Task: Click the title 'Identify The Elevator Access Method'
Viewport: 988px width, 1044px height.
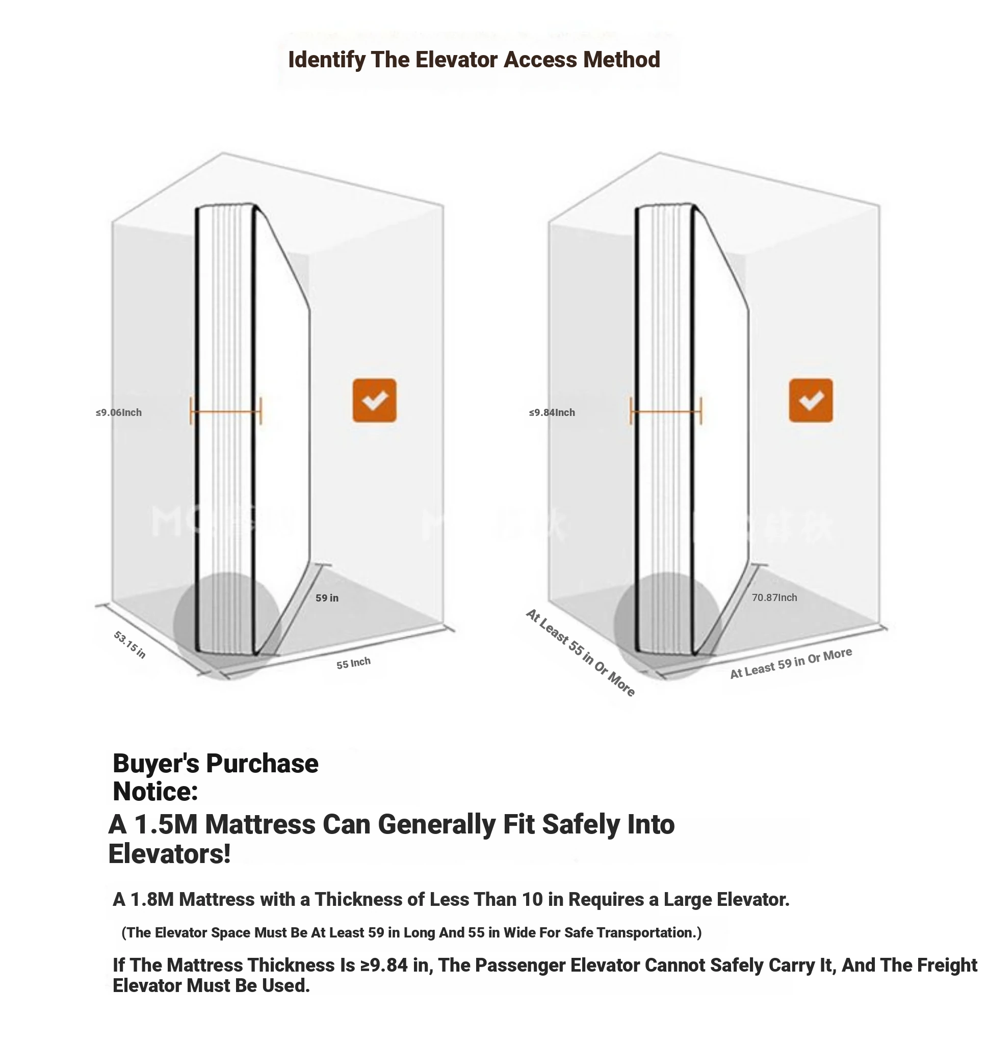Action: coord(474,60)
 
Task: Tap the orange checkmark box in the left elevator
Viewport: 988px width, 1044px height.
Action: coord(374,400)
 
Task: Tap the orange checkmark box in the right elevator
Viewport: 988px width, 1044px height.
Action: coord(811,400)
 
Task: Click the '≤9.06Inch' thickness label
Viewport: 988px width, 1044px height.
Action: coord(118,412)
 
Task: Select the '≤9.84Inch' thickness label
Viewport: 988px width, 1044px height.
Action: coord(552,412)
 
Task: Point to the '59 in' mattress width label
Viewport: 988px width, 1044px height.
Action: coord(327,597)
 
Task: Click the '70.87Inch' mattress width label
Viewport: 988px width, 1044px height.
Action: coord(774,597)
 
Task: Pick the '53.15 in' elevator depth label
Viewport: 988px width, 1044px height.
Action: coord(129,645)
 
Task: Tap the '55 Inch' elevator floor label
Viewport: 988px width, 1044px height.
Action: coord(353,663)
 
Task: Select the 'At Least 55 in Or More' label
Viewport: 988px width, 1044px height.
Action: coord(580,653)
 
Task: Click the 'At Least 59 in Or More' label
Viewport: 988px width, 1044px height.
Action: coord(791,663)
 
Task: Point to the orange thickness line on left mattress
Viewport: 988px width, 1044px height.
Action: coord(226,411)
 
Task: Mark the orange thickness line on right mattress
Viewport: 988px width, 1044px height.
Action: coord(666,411)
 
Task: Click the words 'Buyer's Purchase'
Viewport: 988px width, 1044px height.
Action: coord(216,764)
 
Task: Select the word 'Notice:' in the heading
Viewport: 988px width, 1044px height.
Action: coord(155,791)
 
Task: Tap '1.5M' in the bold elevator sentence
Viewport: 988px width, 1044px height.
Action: coord(166,824)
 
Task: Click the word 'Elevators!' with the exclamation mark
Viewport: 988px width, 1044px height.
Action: coord(170,854)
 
